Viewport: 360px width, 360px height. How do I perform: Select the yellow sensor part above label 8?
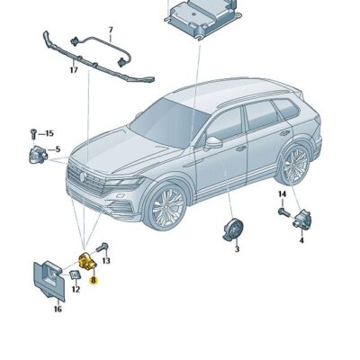coord(88,262)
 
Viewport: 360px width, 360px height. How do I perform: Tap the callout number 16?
coord(57,309)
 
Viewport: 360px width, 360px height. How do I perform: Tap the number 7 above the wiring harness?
coord(110,30)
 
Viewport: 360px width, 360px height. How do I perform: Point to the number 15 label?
coord(49,133)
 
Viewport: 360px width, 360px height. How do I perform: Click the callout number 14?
coord(282,193)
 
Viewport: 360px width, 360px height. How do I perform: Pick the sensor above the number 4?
coord(304,220)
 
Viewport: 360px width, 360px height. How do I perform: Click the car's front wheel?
coord(167,209)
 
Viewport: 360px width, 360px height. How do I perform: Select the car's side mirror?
coord(213,141)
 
